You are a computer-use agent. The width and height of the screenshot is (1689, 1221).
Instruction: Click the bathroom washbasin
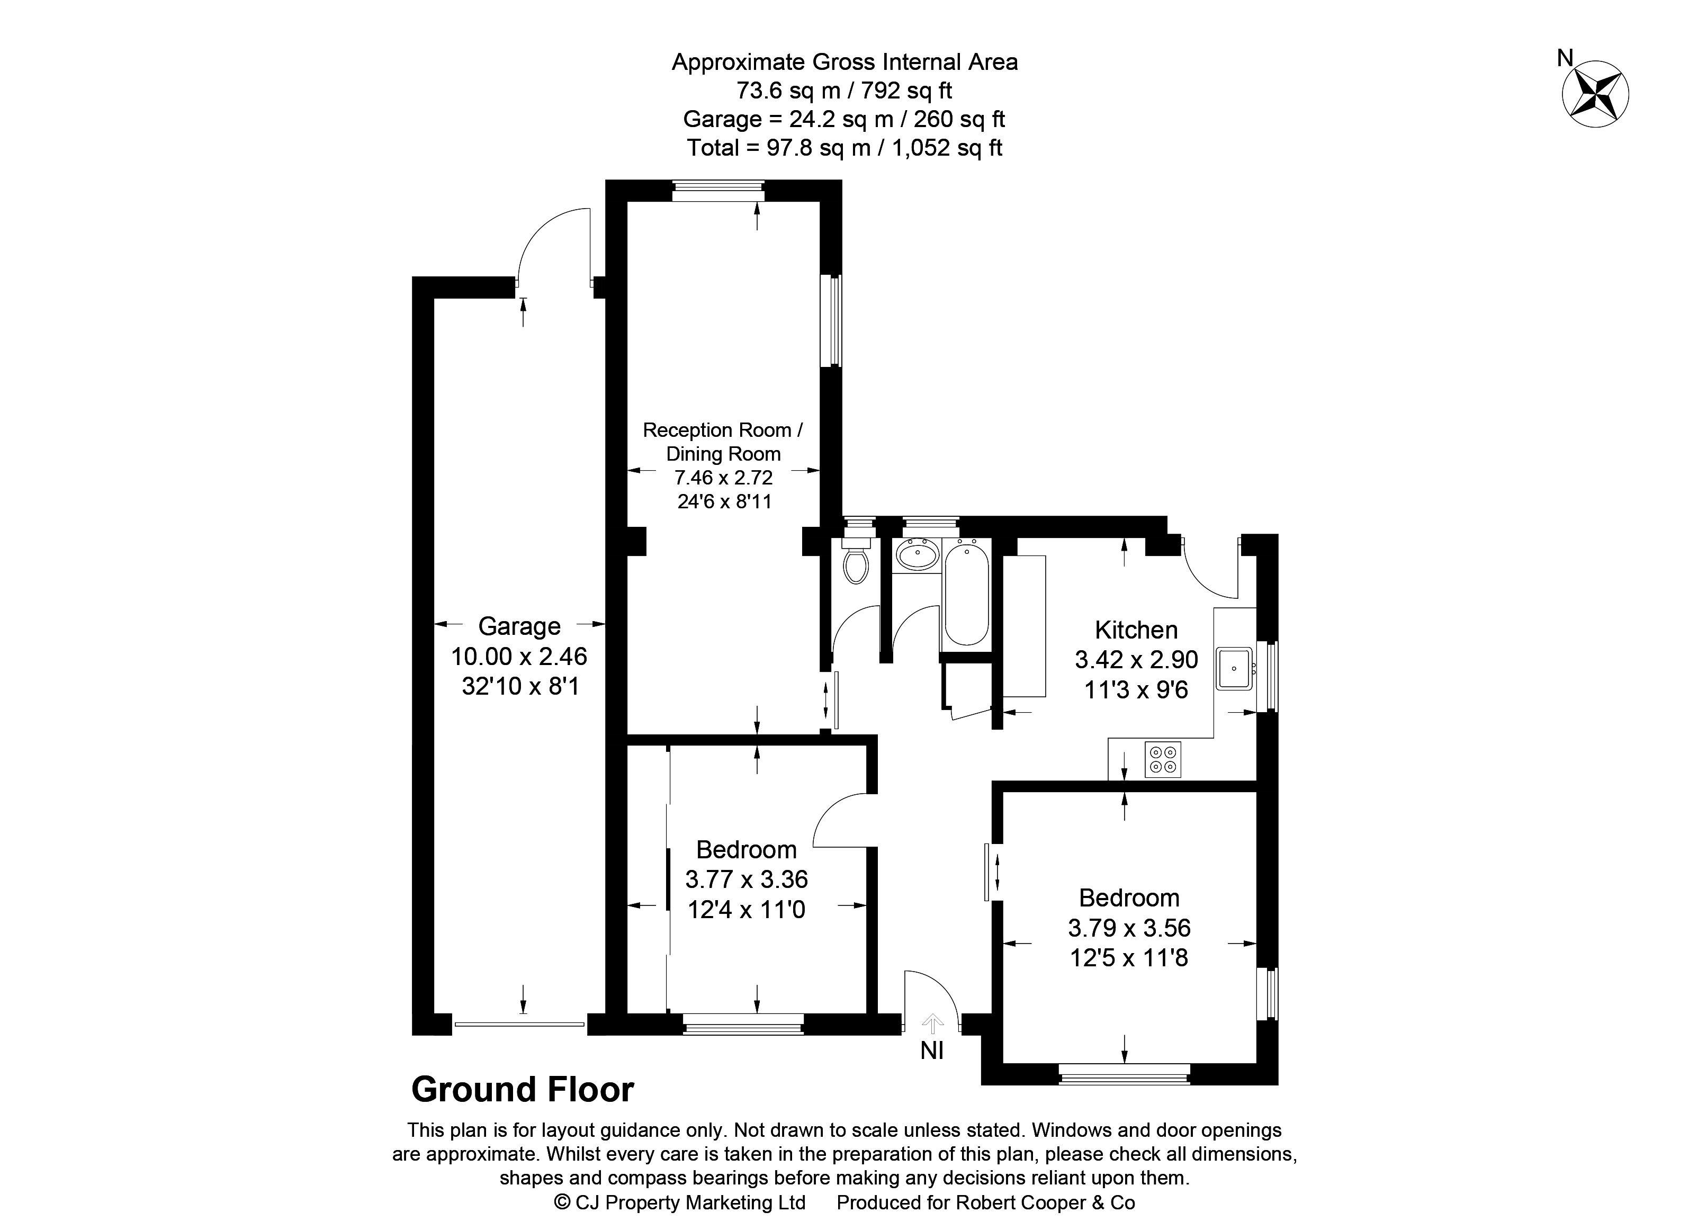pos(917,555)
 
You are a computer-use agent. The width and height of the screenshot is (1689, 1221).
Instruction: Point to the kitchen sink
pos(1235,668)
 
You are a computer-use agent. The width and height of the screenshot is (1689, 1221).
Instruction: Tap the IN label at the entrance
pos(932,1051)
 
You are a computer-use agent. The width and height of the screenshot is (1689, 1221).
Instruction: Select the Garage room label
pos(519,626)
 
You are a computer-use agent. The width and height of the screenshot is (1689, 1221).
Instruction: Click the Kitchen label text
pos(1136,630)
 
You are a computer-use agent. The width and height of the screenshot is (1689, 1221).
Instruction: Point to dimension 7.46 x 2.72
pos(723,477)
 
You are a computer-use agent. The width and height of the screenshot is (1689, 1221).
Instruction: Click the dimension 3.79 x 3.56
pos(1129,928)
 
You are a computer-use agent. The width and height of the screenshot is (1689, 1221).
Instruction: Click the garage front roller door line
pos(519,1025)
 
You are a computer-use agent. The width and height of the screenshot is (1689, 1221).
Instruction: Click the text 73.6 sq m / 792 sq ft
pos(844,90)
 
